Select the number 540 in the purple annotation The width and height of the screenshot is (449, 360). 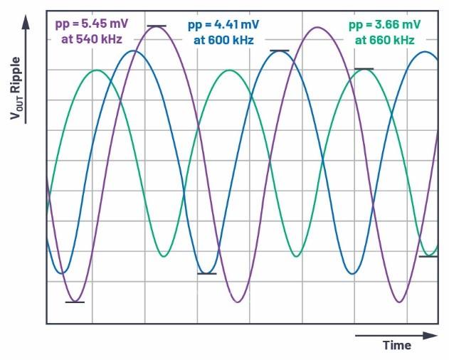pyautogui.click(x=85, y=39)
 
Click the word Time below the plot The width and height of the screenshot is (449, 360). pyautogui.click(x=397, y=346)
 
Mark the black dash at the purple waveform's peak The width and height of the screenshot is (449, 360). pyautogui.click(x=157, y=26)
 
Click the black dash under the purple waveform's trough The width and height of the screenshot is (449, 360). pyautogui.click(x=75, y=302)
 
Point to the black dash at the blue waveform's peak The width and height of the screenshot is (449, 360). pyautogui.click(x=279, y=51)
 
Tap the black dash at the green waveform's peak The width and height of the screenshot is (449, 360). pyautogui.click(x=364, y=69)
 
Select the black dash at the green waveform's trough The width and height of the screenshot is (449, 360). pyautogui.click(x=428, y=256)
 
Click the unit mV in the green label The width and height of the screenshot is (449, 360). pyautogui.click(x=411, y=25)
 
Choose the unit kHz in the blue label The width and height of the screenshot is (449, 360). pyautogui.click(x=242, y=41)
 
